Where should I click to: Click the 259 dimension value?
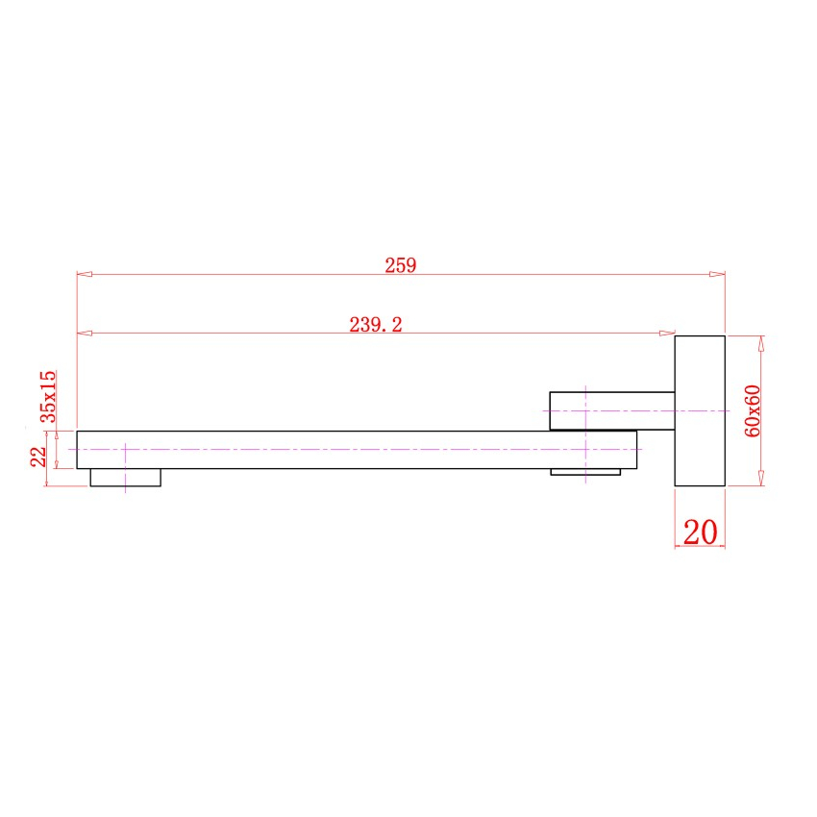400,266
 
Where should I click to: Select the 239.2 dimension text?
376,325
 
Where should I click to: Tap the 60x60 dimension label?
753,411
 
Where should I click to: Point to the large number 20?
700,531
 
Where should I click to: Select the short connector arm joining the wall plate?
611,410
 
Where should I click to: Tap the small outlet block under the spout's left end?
125,478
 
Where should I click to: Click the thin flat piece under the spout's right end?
585,472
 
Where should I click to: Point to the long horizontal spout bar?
356,450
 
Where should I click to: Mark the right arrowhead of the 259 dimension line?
717,275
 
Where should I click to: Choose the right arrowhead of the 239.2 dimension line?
667,334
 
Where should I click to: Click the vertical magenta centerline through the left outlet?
125,466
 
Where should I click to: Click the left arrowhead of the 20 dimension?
681,544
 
